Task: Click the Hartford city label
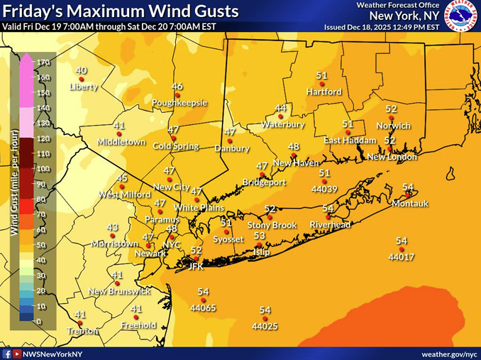(324, 92)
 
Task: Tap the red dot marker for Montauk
(409, 193)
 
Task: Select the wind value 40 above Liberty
(82, 70)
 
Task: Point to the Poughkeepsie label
(179, 102)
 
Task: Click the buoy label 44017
(402, 256)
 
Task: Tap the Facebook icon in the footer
(7, 353)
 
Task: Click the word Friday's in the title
(30, 11)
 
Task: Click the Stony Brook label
(272, 225)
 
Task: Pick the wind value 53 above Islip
(260, 236)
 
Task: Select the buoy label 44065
(203, 308)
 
